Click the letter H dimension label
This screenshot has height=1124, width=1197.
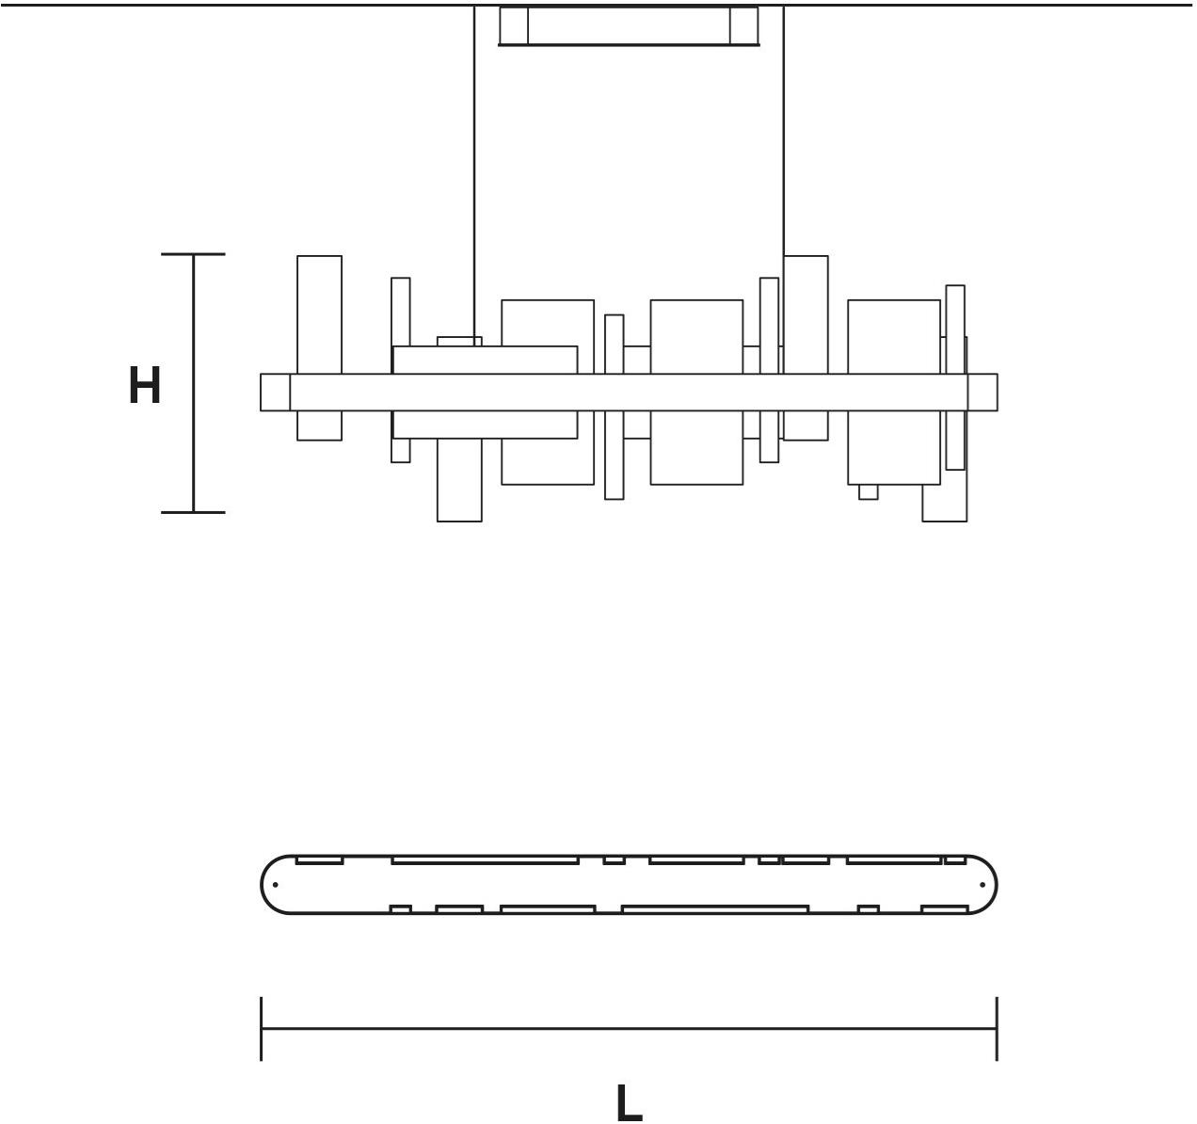point(145,385)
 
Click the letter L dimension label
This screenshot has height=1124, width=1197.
point(630,1102)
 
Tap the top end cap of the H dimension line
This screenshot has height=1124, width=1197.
point(193,254)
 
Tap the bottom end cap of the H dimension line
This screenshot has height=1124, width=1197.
point(193,512)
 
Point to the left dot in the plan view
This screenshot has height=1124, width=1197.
point(276,885)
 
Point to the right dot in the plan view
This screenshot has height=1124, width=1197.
point(982,885)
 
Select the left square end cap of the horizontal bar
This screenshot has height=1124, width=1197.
point(275,392)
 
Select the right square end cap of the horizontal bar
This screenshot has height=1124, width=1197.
point(982,392)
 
